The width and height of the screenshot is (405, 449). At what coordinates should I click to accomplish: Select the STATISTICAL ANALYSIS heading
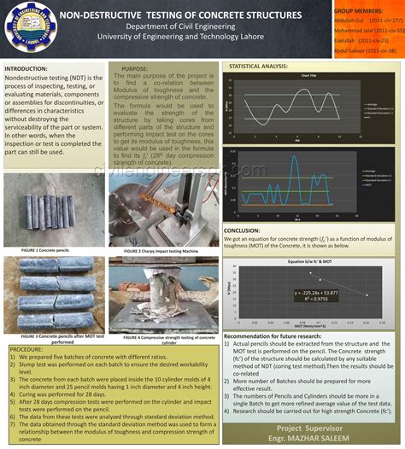[x=258, y=66]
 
